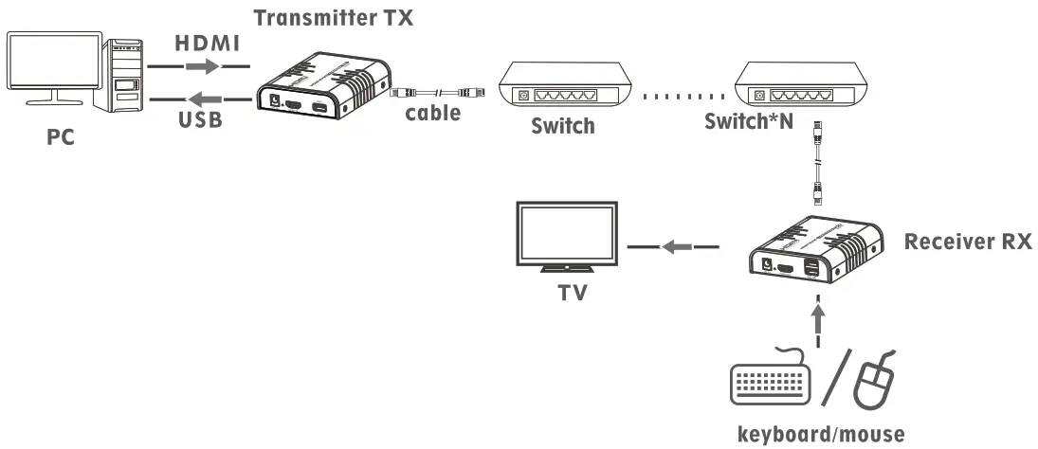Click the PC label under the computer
tap(62, 137)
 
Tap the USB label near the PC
tap(201, 122)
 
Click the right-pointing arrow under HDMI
tap(201, 67)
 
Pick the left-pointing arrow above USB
tap(201, 98)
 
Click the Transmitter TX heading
tap(334, 16)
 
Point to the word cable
tap(433, 113)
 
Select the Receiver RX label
tap(967, 242)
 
